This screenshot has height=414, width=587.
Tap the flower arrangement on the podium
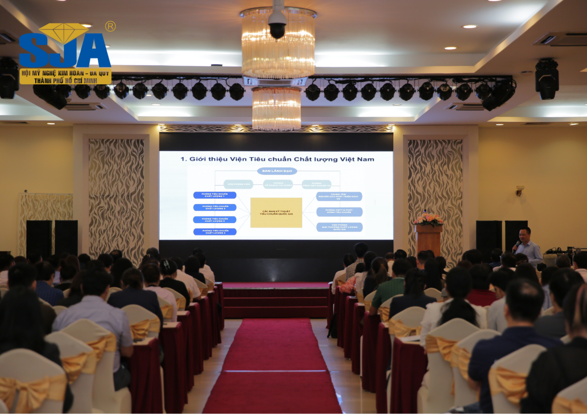(x=429, y=219)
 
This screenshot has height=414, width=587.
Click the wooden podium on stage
(x=429, y=239)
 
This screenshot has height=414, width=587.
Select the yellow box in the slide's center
(x=276, y=212)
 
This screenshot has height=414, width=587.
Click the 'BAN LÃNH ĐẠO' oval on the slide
(x=277, y=171)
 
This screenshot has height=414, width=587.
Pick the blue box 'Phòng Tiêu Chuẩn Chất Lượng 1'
(x=215, y=195)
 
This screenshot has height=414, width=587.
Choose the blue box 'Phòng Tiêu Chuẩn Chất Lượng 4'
(x=215, y=231)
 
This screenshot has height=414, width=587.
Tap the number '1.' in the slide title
(x=184, y=159)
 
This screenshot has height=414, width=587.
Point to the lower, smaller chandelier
(x=276, y=109)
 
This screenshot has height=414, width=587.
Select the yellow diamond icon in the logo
(x=64, y=32)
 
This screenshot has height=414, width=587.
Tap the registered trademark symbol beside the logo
(x=110, y=26)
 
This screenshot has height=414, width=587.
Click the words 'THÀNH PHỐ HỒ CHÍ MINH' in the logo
(x=65, y=80)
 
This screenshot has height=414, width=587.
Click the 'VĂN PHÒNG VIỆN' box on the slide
(x=238, y=184)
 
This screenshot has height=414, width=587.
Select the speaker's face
(x=525, y=235)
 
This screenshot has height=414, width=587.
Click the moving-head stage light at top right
(x=547, y=78)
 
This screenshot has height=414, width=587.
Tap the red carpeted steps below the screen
(x=275, y=300)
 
